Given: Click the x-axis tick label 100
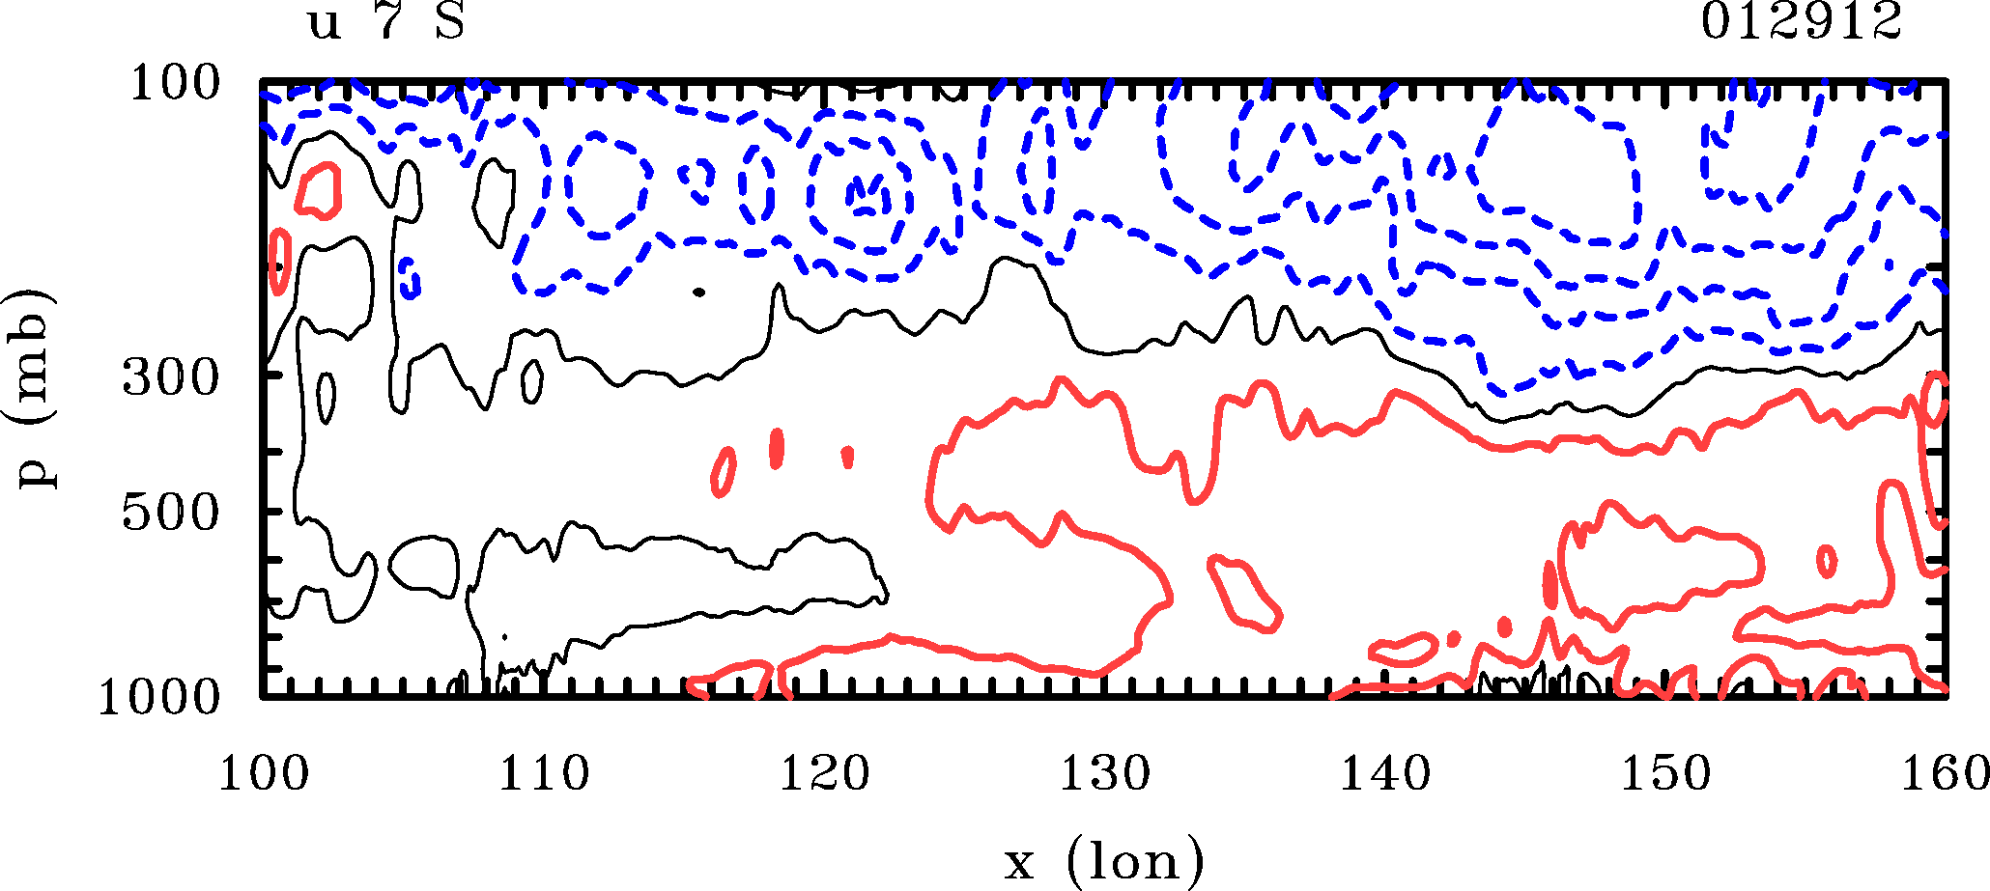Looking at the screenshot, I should (264, 775).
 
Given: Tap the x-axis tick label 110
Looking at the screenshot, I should (544, 775).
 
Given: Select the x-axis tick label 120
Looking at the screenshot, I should (824, 775).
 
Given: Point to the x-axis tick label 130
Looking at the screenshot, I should (1105, 775).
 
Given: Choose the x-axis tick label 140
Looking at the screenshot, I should (1384, 775).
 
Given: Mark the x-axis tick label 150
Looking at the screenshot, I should (1665, 775).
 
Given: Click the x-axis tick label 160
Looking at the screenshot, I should (1944, 775).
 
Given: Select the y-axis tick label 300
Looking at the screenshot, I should (171, 379).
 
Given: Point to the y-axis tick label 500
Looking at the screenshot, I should (171, 513).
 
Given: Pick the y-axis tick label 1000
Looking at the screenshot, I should (159, 697).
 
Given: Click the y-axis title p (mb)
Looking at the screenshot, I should (36, 386).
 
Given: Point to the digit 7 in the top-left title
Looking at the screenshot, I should (387, 21).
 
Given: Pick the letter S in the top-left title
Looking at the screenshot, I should (450, 22).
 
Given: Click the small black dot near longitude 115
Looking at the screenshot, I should (699, 291).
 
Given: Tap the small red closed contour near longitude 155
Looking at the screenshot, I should (1826, 561).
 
